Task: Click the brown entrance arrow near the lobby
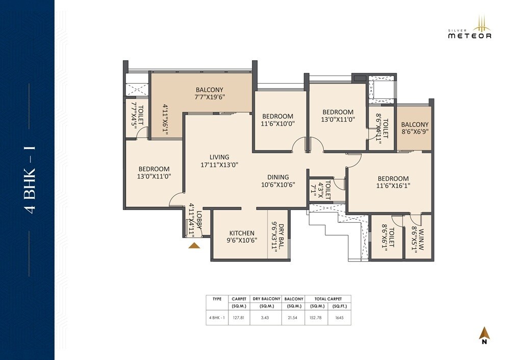click(x=194, y=246)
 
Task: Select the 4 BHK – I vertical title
click(x=30, y=180)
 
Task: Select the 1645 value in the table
click(x=339, y=317)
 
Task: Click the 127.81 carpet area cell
click(x=239, y=317)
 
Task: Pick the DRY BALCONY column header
click(x=267, y=299)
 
